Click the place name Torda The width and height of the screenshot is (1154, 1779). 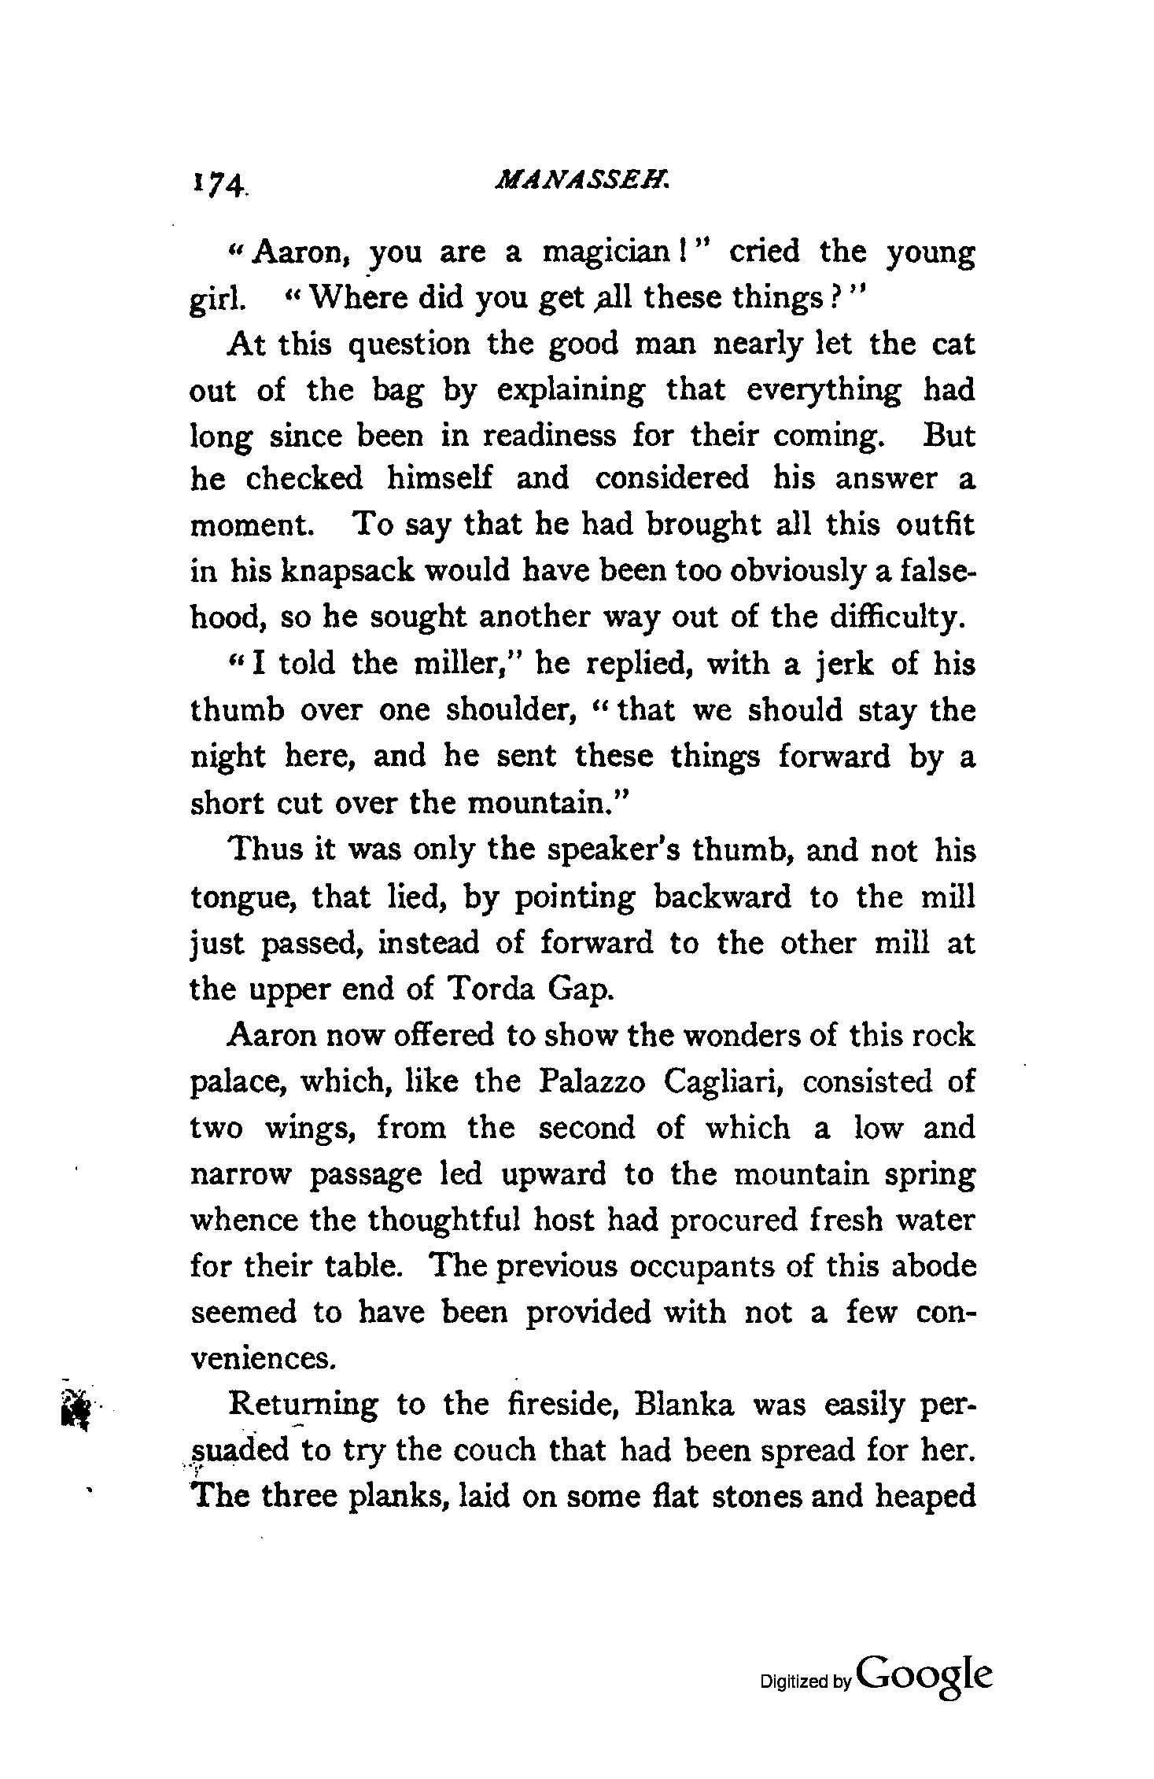click(487, 989)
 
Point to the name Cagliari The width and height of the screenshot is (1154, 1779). click(721, 1081)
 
